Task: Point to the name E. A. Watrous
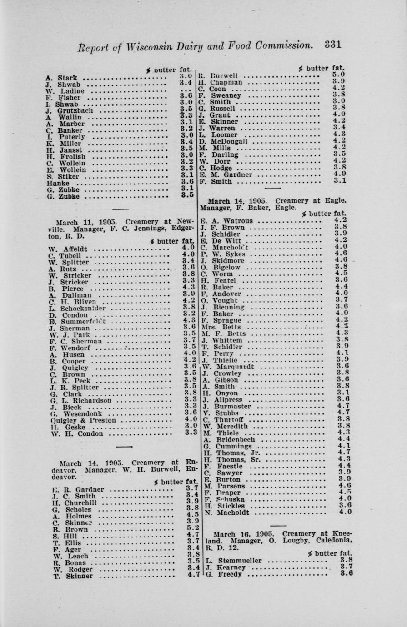226,221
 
